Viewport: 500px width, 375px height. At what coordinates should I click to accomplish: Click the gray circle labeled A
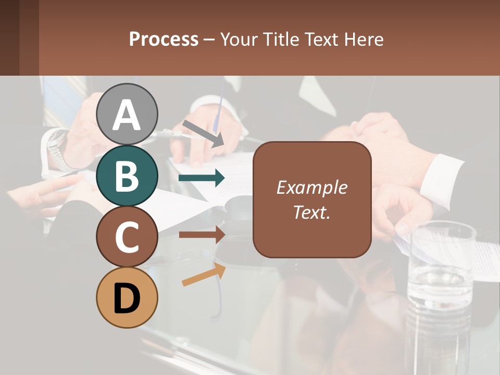pyautogui.click(x=127, y=115)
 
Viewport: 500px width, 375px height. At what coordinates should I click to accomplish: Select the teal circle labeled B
pyautogui.click(x=127, y=176)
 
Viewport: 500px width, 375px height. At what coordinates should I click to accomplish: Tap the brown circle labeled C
pyautogui.click(x=127, y=237)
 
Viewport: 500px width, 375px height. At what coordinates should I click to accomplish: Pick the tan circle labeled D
pyautogui.click(x=127, y=297)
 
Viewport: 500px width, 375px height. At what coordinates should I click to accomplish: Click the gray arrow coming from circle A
pyautogui.click(x=204, y=133)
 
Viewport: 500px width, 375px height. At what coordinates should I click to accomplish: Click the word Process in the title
pyautogui.click(x=164, y=40)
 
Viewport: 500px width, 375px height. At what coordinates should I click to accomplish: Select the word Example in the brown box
pyautogui.click(x=312, y=187)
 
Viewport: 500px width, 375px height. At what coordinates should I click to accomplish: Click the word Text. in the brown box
pyautogui.click(x=312, y=212)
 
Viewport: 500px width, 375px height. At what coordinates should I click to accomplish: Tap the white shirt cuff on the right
pyautogui.click(x=442, y=180)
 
